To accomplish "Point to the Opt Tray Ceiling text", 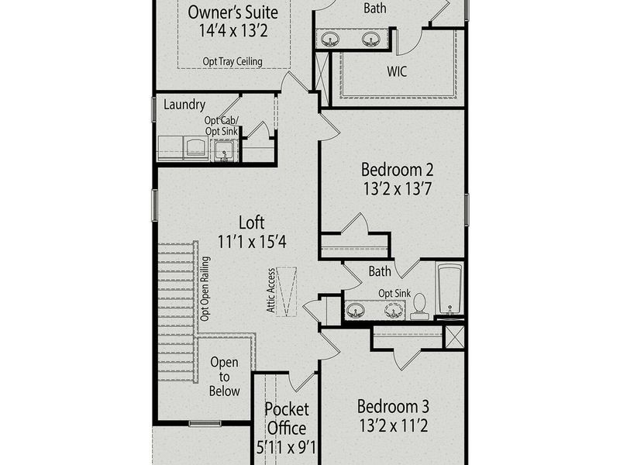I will coord(232,61).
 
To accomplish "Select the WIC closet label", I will coord(397,71).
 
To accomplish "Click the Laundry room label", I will coord(184,105).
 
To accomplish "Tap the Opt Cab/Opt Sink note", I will coord(222,126).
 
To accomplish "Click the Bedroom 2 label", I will coord(393,170).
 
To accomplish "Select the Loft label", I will coord(252,222).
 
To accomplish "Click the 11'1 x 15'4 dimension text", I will coord(252,242).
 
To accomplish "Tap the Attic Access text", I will coord(271,290).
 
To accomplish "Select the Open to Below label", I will coord(225,377).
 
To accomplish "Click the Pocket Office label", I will coord(286,418).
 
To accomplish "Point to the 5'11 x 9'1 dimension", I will coord(286,446).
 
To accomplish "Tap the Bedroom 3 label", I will coord(393,405).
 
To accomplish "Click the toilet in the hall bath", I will coord(419,306).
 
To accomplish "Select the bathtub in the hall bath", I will coord(449,290).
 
